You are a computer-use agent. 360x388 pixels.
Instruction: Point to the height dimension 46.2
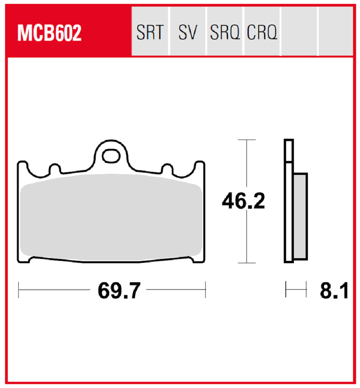(x=243, y=201)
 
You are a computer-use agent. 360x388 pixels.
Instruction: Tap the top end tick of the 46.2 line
(x=246, y=139)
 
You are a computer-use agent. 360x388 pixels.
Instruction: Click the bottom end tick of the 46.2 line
(x=246, y=263)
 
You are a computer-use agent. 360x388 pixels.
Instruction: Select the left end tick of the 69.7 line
(x=19, y=290)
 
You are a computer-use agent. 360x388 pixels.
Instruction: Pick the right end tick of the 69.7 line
(x=205, y=290)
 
